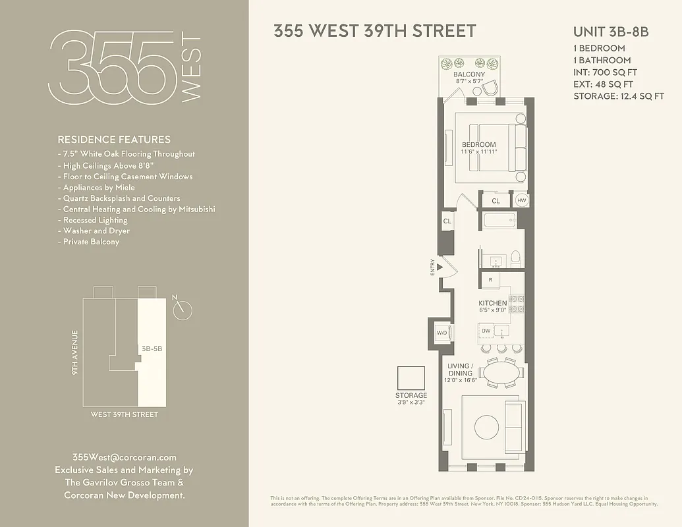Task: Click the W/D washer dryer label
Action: point(441,333)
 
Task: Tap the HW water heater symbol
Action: point(522,200)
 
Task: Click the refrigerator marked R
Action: point(490,280)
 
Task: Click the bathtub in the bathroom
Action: point(505,220)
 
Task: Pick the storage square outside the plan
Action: point(411,378)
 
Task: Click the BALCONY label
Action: point(469,74)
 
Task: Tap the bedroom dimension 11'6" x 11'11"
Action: point(478,152)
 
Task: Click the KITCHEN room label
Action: point(492,304)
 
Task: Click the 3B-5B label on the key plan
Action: point(152,348)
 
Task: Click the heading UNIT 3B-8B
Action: point(611,32)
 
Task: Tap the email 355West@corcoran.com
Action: point(124,457)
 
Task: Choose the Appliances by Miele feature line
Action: point(99,187)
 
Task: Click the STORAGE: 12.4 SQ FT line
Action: point(618,96)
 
